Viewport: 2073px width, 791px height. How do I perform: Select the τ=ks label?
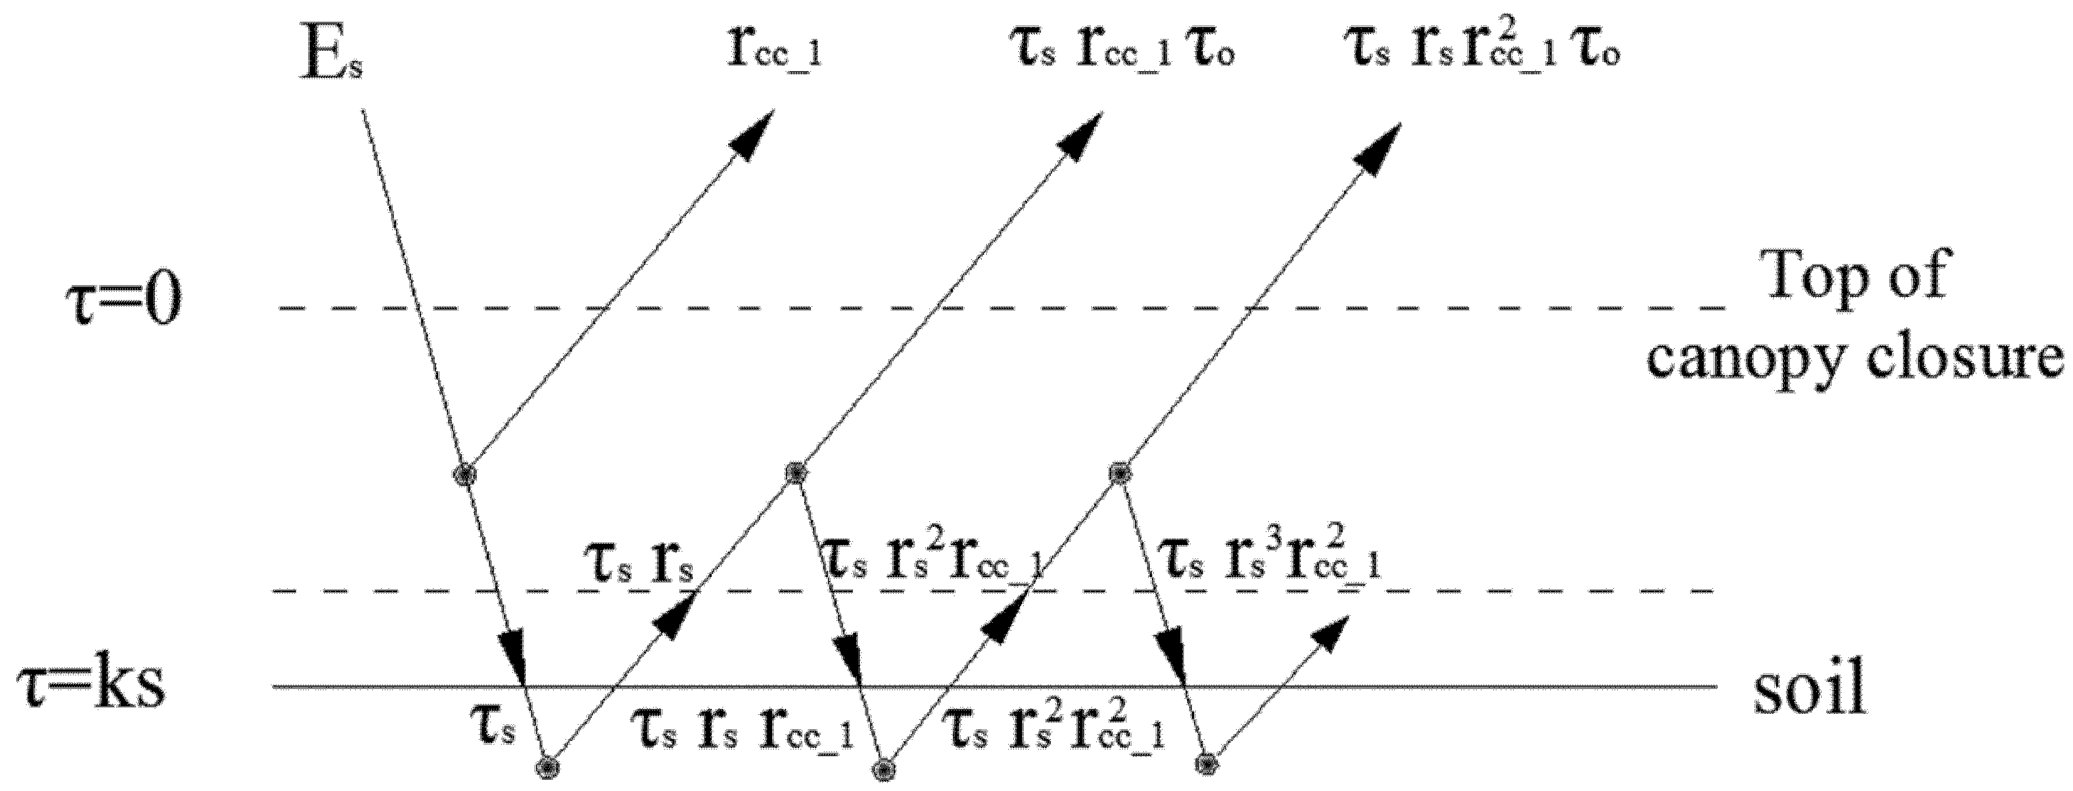92,688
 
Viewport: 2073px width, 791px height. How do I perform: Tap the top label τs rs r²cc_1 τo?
1482,50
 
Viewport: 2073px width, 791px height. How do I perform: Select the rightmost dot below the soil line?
1206,762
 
